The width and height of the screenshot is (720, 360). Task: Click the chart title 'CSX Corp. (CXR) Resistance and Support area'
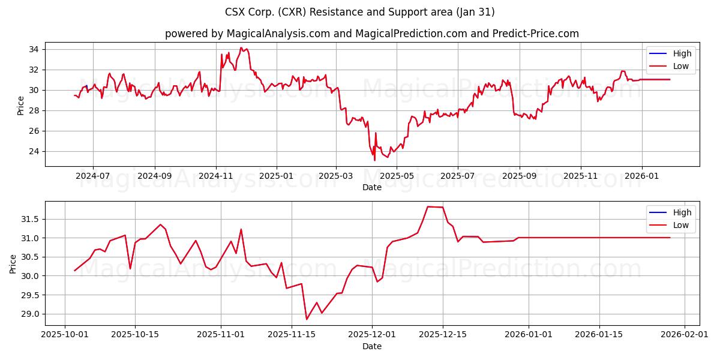coord(360,12)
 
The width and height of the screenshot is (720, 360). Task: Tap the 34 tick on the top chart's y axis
coord(34,49)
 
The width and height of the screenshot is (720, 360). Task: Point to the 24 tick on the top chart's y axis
coord(34,151)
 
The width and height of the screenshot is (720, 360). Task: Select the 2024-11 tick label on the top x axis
coord(215,177)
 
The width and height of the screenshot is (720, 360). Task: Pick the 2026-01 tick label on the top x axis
coord(642,177)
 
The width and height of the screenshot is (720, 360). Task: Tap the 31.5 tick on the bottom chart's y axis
coord(30,219)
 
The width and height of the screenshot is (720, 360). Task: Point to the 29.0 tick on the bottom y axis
coord(30,314)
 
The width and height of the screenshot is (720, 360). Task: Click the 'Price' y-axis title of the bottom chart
coord(13,263)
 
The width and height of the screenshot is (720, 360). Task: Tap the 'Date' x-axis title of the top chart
coord(372,187)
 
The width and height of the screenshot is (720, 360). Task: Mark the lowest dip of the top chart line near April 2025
coord(375,160)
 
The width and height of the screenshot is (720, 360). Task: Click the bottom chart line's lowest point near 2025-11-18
coord(307,319)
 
